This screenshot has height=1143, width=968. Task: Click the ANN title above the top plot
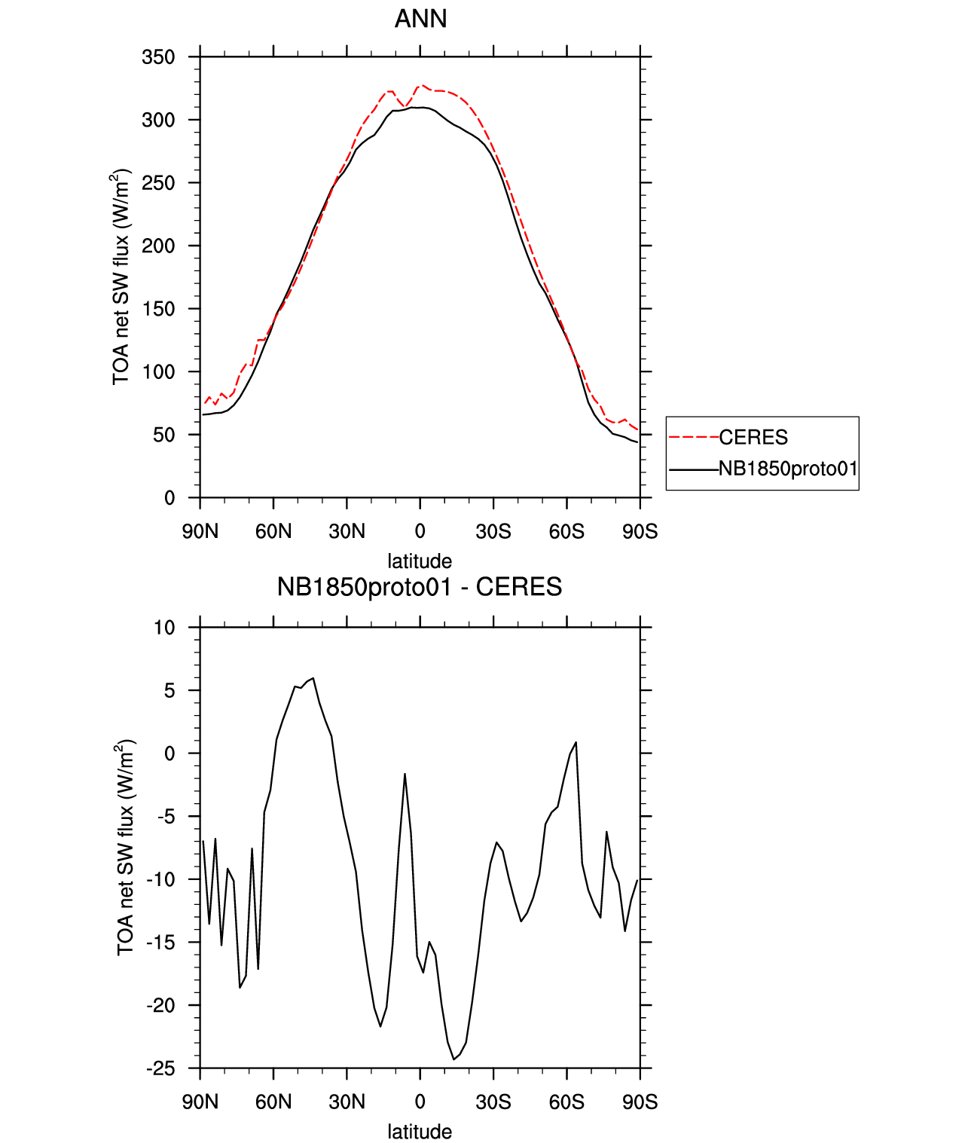click(420, 19)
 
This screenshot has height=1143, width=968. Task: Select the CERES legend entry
click(753, 437)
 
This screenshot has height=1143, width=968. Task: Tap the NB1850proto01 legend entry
click(788, 469)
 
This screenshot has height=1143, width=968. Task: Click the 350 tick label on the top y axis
click(158, 57)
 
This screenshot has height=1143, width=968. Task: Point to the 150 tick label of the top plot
click(158, 309)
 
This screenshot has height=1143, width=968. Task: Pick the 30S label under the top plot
click(493, 532)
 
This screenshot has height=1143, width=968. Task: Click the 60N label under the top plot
click(273, 532)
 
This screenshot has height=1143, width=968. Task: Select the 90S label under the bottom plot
click(640, 1102)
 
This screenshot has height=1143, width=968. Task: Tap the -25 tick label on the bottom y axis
click(160, 1068)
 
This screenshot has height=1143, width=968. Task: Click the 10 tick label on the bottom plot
click(164, 628)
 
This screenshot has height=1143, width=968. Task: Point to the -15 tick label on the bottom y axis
click(160, 943)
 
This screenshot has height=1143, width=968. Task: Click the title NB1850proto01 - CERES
click(420, 587)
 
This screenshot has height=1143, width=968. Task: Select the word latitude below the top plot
click(420, 561)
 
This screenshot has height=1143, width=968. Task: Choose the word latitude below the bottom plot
click(420, 1132)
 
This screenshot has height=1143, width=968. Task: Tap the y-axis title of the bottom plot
click(125, 848)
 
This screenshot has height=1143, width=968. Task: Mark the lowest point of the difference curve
click(454, 1059)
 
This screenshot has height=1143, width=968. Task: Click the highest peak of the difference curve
click(313, 678)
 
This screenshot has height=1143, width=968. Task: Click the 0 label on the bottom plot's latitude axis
click(420, 1102)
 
